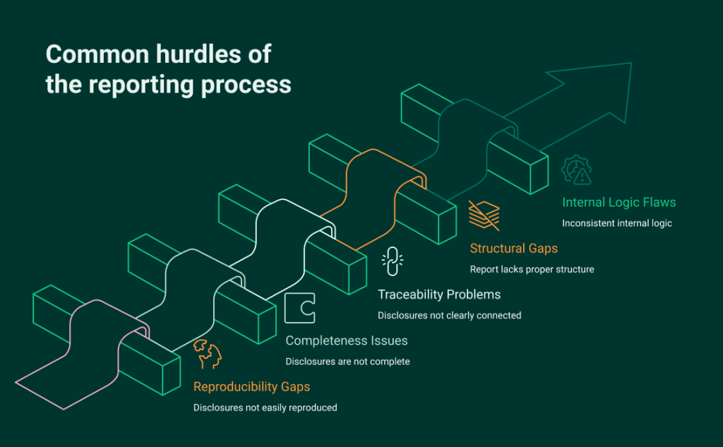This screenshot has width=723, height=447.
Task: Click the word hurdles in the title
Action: click(x=191, y=54)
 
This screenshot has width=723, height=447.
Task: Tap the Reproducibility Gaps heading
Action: click(x=251, y=387)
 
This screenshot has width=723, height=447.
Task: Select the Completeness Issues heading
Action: click(x=346, y=341)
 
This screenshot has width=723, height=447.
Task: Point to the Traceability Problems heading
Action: click(x=439, y=294)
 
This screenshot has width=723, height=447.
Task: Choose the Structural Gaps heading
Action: click(x=514, y=249)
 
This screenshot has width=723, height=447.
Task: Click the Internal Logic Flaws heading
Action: click(x=619, y=203)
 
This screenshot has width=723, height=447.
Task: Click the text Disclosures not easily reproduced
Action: click(x=265, y=407)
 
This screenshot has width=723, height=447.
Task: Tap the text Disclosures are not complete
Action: click(x=347, y=362)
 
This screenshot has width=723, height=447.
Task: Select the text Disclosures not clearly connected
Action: click(x=449, y=315)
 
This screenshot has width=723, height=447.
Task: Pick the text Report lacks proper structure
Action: click(x=532, y=269)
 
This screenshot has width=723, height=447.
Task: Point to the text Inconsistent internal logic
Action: click(x=616, y=223)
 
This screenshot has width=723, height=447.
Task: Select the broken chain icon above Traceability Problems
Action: click(x=392, y=261)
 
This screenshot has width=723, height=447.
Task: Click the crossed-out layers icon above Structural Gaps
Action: click(x=484, y=215)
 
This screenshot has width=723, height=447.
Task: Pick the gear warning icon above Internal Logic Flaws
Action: click(x=576, y=169)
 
